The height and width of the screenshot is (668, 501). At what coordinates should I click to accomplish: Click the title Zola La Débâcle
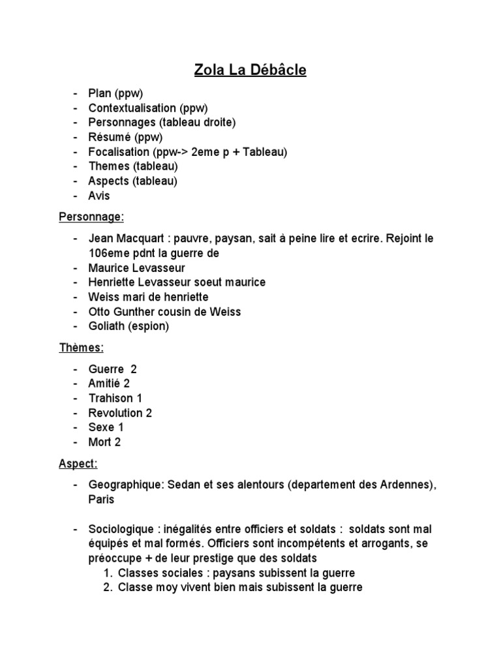coord(250,70)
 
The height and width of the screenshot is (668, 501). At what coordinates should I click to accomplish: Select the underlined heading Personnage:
coord(91,217)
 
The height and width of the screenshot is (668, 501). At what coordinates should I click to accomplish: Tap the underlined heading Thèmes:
coord(82,348)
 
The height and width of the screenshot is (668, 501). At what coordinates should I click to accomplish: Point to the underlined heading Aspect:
coord(78,464)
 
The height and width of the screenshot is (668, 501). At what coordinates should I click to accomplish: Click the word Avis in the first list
coord(99,196)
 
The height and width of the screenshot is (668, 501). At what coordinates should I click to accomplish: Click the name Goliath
coord(108,326)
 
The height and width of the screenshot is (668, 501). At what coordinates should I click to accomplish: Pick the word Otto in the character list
coord(99,312)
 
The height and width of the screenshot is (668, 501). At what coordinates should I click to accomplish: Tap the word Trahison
coord(111,398)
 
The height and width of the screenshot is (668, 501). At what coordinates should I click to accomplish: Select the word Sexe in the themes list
coord(101,427)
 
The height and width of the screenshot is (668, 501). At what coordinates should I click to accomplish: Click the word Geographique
coord(127,485)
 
